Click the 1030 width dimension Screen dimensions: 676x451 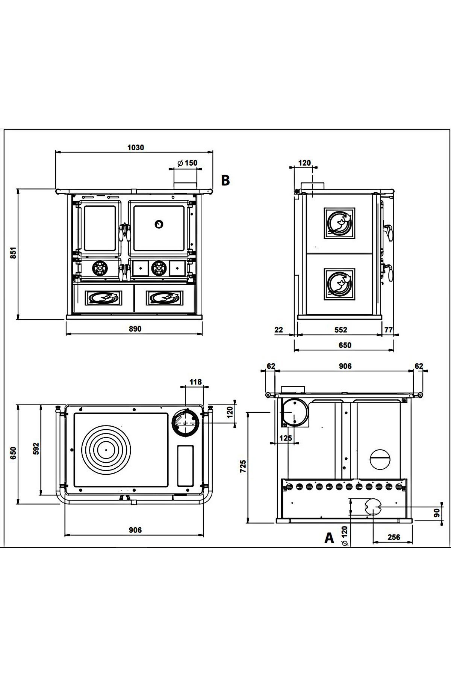pyautogui.click(x=135, y=147)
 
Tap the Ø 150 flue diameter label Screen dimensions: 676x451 pyautogui.click(x=187, y=163)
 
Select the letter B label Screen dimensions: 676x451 pyautogui.click(x=225, y=180)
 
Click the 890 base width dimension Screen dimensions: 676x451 pyautogui.click(x=135, y=329)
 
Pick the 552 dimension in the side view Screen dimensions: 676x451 pyautogui.click(x=341, y=330)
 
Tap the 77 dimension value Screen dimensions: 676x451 pyautogui.click(x=389, y=330)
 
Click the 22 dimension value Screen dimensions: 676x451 pyautogui.click(x=278, y=330)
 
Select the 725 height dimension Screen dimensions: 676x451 pyautogui.click(x=243, y=466)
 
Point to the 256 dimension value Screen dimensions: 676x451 pyautogui.click(x=393, y=537)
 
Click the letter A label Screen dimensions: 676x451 pyautogui.click(x=329, y=538)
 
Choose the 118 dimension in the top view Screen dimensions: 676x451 pyautogui.click(x=195, y=382)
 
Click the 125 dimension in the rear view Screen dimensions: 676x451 pyautogui.click(x=286, y=438)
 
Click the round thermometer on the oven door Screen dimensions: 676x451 pyautogui.click(x=159, y=224)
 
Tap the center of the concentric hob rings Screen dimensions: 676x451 pyautogui.click(x=106, y=450)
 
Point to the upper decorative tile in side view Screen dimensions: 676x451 pyautogui.click(x=339, y=223)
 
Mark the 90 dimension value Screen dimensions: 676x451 pyautogui.click(x=437, y=513)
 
